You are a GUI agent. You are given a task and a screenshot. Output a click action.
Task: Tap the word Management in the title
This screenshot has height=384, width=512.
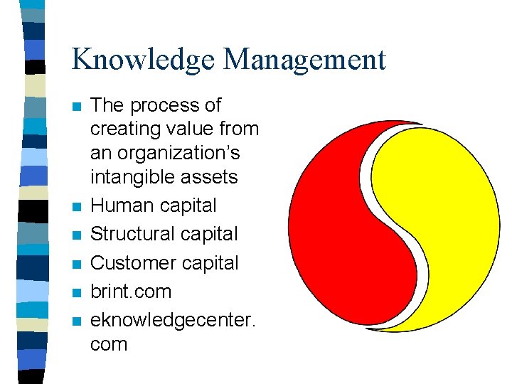point(304,59)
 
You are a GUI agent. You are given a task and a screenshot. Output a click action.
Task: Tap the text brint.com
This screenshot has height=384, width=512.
point(132,292)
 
